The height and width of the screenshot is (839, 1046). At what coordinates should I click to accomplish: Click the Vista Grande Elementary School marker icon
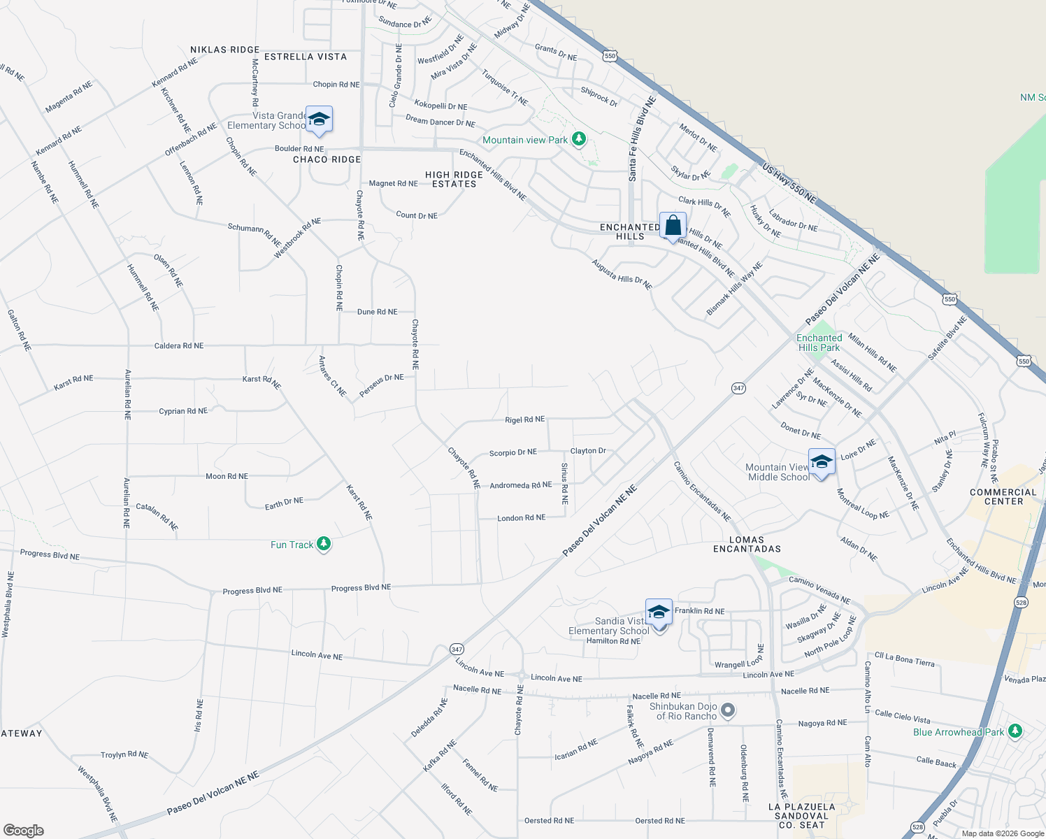[x=319, y=120]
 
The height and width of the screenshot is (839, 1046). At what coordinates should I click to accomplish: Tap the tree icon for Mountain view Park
[x=578, y=139]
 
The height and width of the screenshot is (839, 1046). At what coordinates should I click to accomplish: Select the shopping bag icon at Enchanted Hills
[x=673, y=226]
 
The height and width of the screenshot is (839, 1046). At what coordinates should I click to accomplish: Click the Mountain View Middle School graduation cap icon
[x=822, y=462]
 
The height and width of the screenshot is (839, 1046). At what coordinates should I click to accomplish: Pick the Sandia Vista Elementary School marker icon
[x=659, y=612]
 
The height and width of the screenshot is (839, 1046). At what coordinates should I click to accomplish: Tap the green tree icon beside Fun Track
[x=323, y=544]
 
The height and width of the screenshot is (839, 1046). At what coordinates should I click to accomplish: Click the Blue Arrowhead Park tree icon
[x=1015, y=731]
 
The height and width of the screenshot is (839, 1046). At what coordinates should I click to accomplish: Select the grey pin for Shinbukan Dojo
[x=728, y=711]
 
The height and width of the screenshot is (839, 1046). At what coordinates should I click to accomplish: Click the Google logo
[x=23, y=830]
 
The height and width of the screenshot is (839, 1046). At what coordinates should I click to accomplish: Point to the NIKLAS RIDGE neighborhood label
[x=224, y=50]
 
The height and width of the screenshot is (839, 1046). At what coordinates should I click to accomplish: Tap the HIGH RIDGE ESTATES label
[x=454, y=180]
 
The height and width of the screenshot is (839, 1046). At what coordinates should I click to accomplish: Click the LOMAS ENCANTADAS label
[x=747, y=544]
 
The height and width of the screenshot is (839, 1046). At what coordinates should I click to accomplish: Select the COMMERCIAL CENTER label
[x=1003, y=496]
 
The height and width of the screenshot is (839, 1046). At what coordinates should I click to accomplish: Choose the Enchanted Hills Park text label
[x=819, y=343]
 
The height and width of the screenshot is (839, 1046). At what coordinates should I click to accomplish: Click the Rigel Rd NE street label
[x=524, y=419]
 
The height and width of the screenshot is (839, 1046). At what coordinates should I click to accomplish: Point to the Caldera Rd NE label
[x=179, y=345]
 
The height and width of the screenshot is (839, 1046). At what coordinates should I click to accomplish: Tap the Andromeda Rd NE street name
[x=520, y=485]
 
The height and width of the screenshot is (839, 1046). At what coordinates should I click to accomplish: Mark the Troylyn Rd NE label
[x=124, y=754]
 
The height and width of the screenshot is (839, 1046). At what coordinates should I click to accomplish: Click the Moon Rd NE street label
[x=227, y=476]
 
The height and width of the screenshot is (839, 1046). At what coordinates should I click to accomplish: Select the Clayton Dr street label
[x=588, y=451]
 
